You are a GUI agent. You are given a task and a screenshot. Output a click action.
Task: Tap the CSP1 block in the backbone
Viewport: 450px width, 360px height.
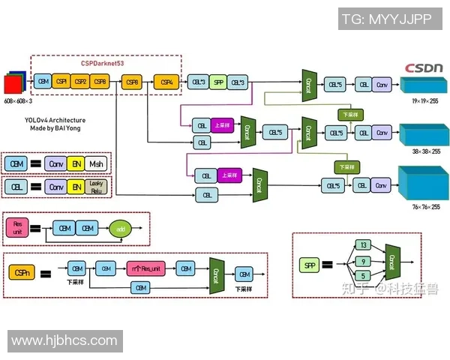click(61, 81)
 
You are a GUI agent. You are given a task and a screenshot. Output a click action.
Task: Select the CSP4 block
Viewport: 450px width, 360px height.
click(167, 81)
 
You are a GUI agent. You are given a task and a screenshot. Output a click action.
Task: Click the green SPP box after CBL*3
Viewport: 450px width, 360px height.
click(218, 81)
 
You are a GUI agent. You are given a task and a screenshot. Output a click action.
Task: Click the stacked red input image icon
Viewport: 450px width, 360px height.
click(15, 81)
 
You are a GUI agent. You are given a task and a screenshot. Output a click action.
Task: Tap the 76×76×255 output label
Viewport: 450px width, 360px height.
click(425, 207)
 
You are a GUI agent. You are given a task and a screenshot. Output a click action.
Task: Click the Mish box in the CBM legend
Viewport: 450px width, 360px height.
click(96, 163)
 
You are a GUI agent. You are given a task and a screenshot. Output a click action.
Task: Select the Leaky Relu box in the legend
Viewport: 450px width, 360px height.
click(97, 186)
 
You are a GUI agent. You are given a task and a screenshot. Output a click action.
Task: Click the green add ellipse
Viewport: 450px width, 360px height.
click(120, 229)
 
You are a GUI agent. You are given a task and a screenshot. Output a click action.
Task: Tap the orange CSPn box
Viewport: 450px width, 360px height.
click(20, 274)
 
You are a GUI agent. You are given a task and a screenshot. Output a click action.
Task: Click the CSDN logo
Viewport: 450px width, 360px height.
click(424, 67)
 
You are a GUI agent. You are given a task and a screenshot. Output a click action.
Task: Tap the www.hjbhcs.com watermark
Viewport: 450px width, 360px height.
click(65, 341)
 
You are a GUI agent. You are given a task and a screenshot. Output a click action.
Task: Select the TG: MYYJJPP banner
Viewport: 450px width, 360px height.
click(385, 19)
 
